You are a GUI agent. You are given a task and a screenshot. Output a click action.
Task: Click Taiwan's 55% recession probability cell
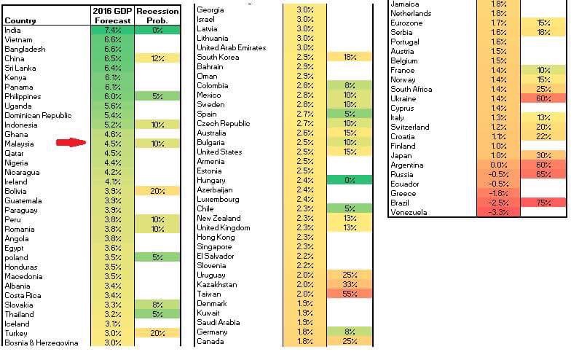point(348,294)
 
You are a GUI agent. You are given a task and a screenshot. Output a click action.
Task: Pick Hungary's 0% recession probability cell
point(348,180)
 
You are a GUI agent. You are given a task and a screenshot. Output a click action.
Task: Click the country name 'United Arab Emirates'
point(232,47)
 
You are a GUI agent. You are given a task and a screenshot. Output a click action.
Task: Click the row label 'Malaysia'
point(21,144)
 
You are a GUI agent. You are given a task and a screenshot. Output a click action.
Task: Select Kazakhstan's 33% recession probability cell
point(348,284)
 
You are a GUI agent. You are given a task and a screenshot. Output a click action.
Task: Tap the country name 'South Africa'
point(411,90)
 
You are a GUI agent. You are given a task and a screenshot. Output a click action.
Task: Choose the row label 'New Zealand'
point(218,218)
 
